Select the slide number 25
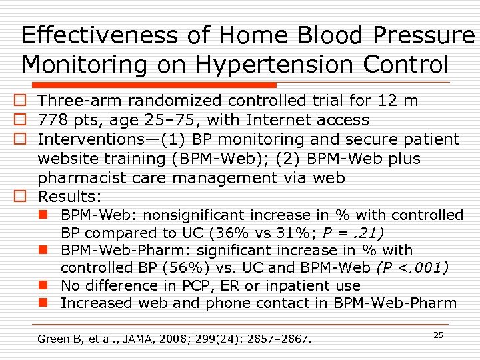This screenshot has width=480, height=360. [x=438, y=335]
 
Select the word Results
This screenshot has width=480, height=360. [x=69, y=197]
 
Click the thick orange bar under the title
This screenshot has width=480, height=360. [x=146, y=85]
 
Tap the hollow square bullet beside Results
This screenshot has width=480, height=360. [x=21, y=197]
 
